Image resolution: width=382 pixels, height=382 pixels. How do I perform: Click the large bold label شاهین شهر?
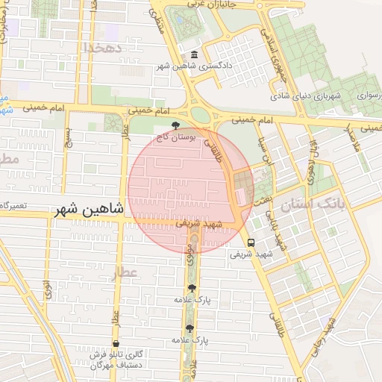pos(87,211)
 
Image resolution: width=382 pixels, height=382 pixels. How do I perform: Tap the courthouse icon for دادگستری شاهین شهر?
pos(195,55)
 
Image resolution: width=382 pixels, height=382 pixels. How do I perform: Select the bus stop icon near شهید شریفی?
pos(250,242)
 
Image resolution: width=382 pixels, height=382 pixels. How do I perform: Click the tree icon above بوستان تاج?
pos(175,125)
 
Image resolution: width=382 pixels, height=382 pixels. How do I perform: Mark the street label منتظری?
pos(157,26)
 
